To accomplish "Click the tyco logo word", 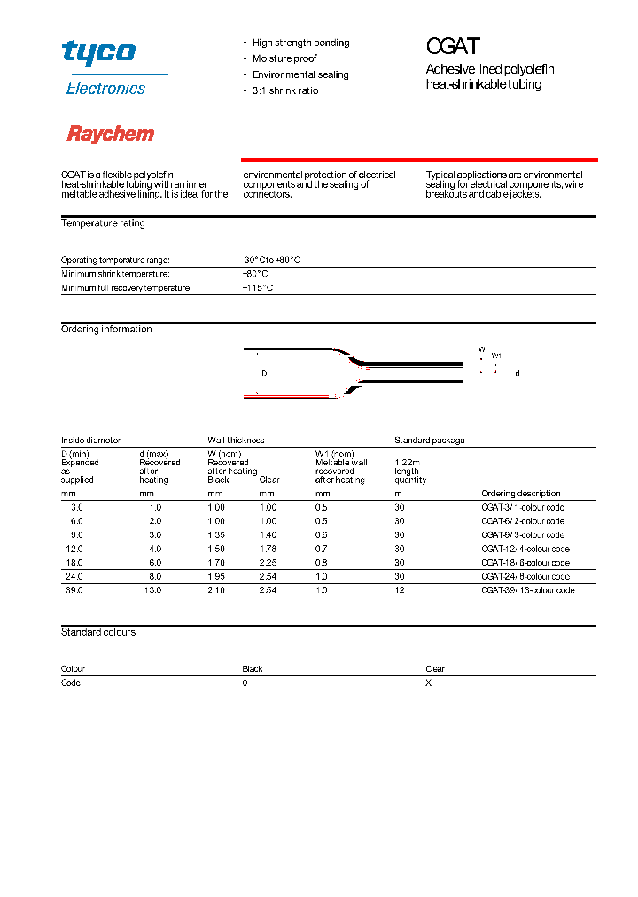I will (98, 52).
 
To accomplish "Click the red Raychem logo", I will (111, 134).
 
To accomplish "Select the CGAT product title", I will (454, 47).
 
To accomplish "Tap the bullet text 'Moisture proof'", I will (284, 58).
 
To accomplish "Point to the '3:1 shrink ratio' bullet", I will (284, 90).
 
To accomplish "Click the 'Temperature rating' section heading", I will (103, 223).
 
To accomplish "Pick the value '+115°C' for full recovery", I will (257, 288).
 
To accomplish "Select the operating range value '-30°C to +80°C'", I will (271, 260).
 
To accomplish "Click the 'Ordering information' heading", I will (106, 329).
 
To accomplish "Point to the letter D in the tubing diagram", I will (264, 373).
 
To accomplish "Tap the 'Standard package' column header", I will (429, 440).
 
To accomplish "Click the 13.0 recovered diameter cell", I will (152, 589).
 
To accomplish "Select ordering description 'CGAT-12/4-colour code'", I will (525, 549).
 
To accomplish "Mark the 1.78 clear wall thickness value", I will (268, 549).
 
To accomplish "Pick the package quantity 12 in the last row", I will (399, 589).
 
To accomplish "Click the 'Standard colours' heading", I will (98, 632).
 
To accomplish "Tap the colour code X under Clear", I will (428, 682).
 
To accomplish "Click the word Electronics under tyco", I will (105, 88).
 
